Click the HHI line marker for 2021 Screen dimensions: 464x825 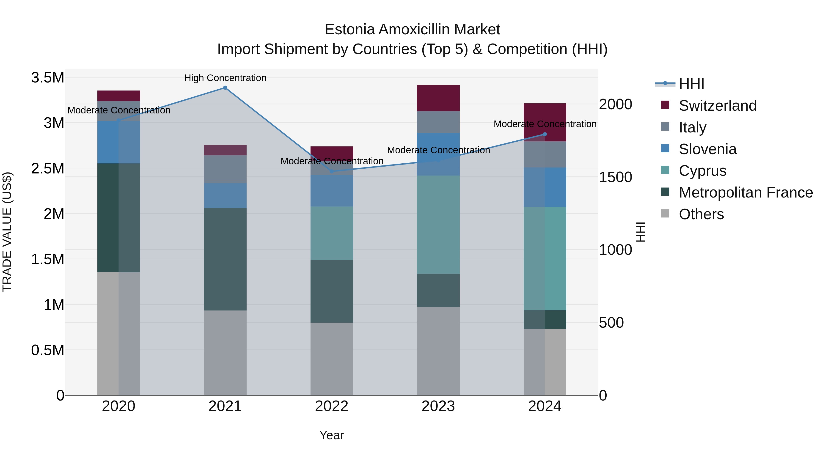[225, 88]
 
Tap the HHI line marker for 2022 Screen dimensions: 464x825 [332, 171]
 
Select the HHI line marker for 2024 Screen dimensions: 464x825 [545, 135]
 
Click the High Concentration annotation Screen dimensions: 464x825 [225, 78]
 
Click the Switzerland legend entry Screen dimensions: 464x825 [717, 106]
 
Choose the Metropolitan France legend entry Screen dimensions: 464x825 [745, 192]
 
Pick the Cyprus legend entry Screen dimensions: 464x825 [702, 171]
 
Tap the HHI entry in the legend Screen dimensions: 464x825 [691, 84]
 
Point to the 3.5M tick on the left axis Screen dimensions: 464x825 [47, 77]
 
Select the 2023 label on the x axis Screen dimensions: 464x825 [438, 406]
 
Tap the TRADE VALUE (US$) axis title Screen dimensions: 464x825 [7, 232]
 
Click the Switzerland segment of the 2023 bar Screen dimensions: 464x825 [438, 98]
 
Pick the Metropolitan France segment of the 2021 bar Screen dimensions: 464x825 [225, 259]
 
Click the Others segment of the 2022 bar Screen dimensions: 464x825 [332, 359]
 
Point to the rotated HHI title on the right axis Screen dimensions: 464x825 [641, 232]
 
